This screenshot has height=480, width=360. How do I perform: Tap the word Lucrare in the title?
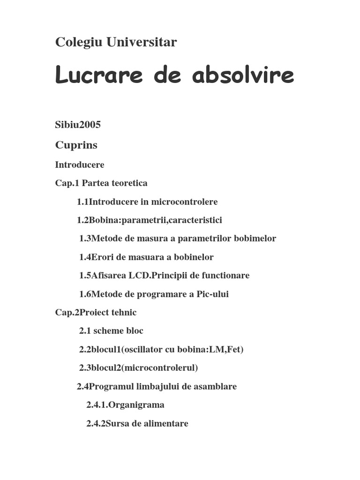point(99,75)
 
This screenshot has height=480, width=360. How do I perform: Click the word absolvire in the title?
point(243,75)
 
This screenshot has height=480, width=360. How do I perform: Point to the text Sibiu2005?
point(78,125)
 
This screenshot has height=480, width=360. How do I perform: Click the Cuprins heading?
point(76,145)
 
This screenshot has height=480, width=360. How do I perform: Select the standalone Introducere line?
point(80,165)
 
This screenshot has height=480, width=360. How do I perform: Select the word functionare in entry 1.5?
point(225,276)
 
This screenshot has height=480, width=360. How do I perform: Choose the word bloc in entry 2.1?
point(134,331)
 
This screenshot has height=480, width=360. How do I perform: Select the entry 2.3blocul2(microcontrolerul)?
point(138,368)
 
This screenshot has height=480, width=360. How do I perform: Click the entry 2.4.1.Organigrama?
point(125,405)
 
